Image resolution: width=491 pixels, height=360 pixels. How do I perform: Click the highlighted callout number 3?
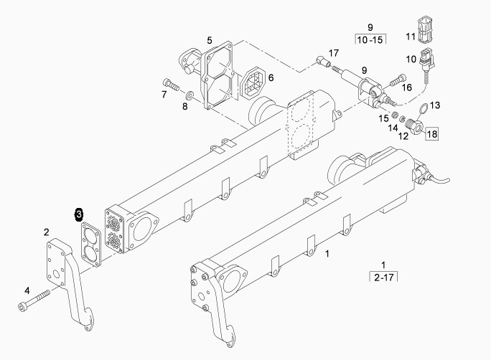click(x=79, y=214)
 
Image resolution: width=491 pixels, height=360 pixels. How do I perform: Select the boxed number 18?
click(x=432, y=134)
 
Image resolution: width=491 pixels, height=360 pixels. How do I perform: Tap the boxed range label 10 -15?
click(x=370, y=39)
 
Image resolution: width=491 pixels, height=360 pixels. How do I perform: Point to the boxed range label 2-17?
click(x=383, y=277)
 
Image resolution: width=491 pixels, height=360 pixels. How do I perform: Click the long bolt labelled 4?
click(x=34, y=300)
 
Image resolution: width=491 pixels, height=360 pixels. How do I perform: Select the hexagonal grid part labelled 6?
click(x=254, y=82)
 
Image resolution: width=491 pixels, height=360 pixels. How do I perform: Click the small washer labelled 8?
click(x=190, y=94)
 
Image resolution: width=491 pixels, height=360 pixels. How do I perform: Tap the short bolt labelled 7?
click(x=171, y=85)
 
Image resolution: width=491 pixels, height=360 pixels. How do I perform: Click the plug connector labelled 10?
click(x=426, y=60)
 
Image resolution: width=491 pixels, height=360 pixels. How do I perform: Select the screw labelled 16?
click(x=398, y=81)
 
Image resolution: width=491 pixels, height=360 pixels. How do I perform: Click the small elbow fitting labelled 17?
click(x=324, y=61)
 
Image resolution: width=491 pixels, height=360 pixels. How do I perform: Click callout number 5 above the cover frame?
click(x=210, y=40)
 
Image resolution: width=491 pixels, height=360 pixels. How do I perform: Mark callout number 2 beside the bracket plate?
click(x=47, y=232)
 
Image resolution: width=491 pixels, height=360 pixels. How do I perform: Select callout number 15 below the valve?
click(x=383, y=118)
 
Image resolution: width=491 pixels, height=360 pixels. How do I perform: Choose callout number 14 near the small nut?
click(x=393, y=128)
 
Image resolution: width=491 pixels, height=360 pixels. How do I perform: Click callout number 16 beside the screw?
click(x=407, y=87)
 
